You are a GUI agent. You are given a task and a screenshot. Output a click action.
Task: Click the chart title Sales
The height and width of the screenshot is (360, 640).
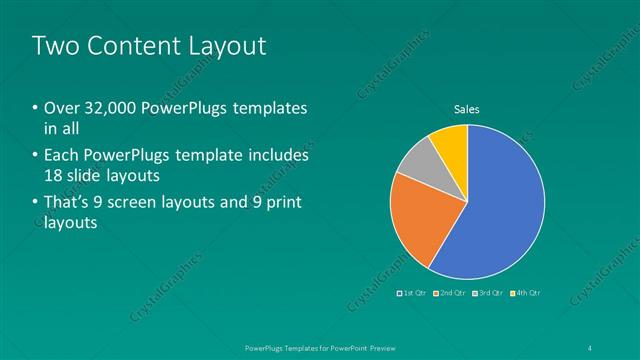coord(467,109)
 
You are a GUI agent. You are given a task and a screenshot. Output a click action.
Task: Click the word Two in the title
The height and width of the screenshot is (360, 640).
coord(53,45)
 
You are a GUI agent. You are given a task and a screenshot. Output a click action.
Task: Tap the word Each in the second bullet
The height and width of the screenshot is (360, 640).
coord(62,156)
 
